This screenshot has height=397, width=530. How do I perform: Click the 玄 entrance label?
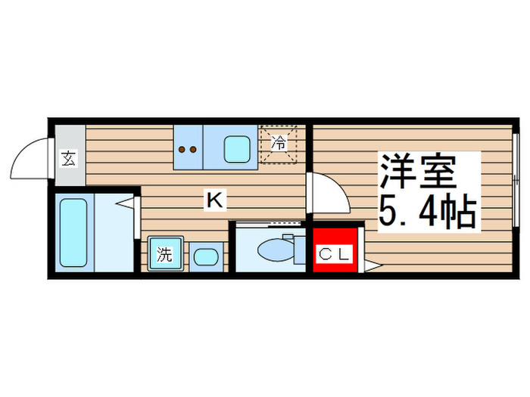(68, 159)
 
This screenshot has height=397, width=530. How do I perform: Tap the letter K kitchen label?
(215, 200)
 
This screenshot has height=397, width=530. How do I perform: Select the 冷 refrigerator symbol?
(279, 141)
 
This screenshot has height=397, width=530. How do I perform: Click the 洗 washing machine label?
(164, 255)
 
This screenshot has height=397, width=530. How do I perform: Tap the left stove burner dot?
(182, 150)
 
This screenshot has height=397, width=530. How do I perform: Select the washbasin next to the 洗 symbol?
(204, 256)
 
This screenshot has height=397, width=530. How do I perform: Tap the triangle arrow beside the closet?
(370, 265)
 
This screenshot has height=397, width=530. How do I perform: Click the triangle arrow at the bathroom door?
(129, 203)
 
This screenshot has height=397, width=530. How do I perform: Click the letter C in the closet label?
(323, 254)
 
